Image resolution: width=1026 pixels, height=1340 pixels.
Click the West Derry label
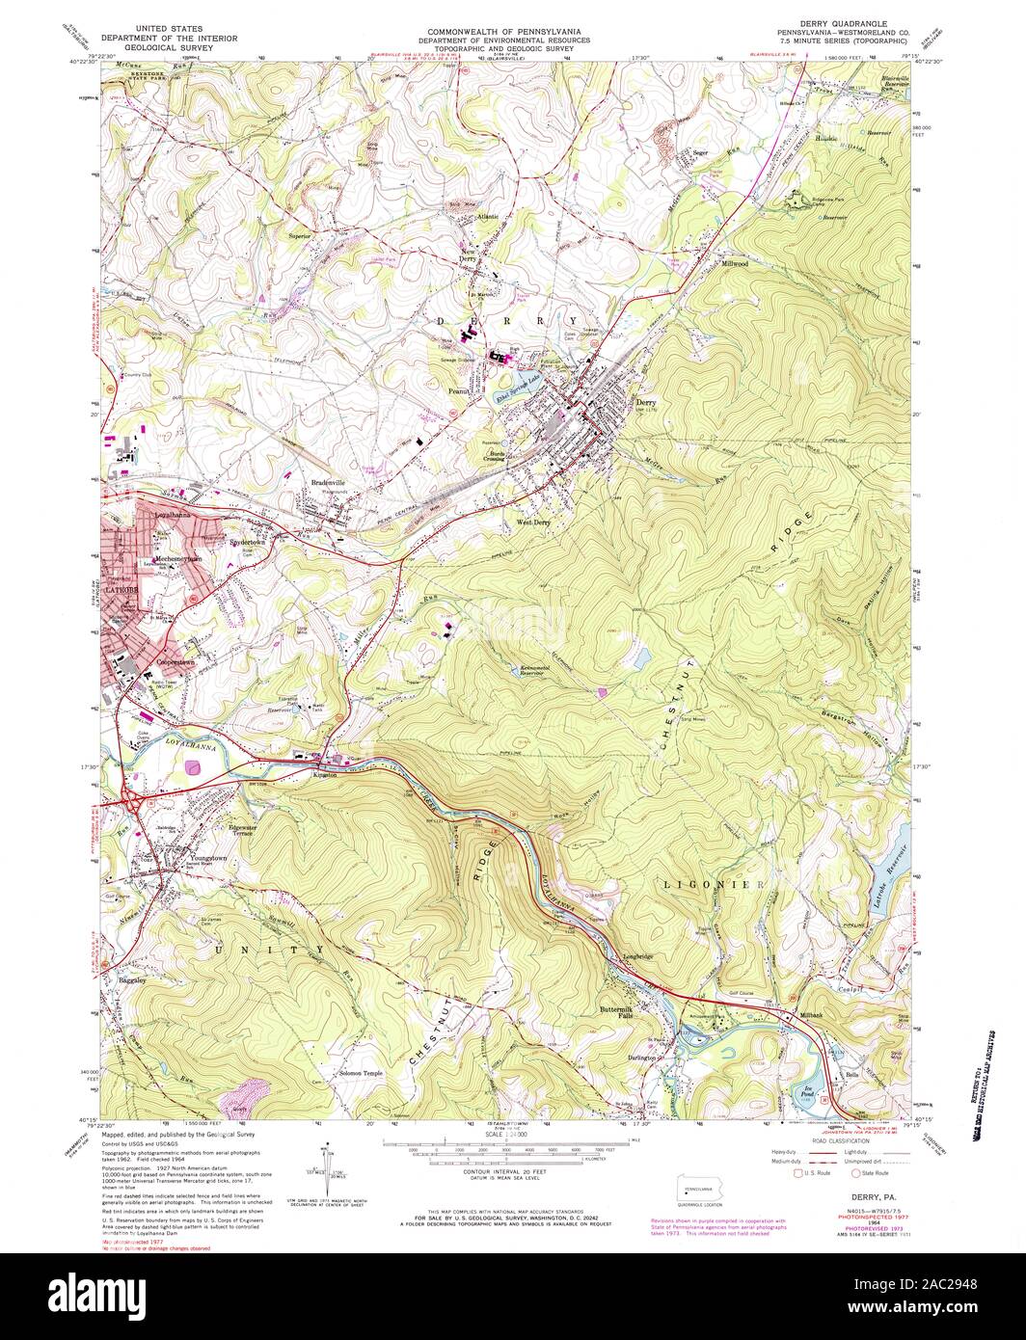[x=531, y=522]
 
